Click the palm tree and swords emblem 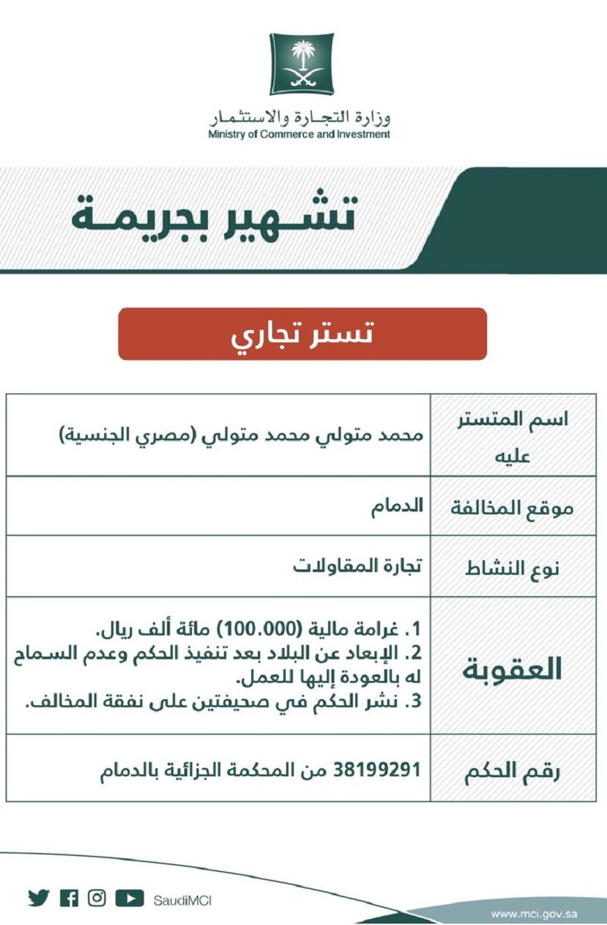point(302,64)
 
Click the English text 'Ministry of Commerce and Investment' point(299,135)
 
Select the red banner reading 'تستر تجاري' point(302,334)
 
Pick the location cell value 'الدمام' point(398,506)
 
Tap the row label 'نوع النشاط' point(514,568)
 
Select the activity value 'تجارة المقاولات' point(364,566)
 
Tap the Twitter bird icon point(39,898)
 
